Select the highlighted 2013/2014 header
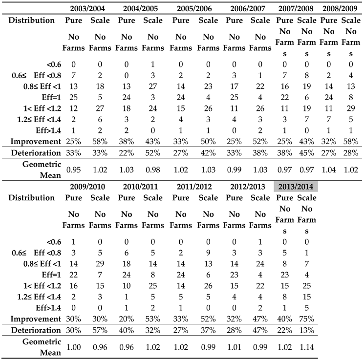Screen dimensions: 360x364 tap(296, 186)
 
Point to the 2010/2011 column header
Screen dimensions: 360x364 tap(140, 186)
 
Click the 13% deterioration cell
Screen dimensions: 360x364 tap(307, 330)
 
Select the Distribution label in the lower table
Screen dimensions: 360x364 tap(31, 198)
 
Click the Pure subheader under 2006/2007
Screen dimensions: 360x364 tap(235, 21)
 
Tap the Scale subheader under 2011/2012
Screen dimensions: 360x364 tap(208, 198)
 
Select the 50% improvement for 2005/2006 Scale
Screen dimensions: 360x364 tap(208, 142)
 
